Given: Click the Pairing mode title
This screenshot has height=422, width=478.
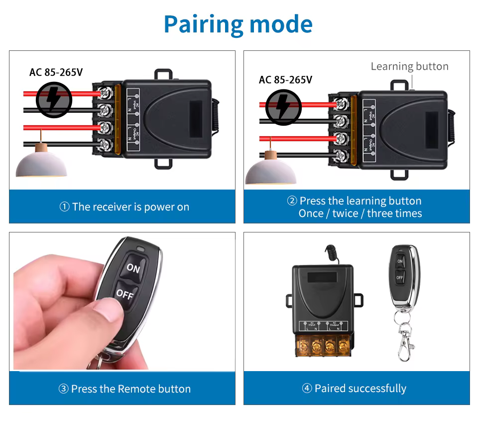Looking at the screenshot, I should [x=238, y=24].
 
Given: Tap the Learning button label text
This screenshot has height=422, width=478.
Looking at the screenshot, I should [x=409, y=66].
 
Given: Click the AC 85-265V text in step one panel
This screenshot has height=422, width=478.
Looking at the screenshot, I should [x=56, y=72].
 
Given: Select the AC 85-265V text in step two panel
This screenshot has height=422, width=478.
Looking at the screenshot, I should [x=285, y=80].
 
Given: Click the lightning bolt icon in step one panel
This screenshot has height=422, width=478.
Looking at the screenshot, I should [x=54, y=100].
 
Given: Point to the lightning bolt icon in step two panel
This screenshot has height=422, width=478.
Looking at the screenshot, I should [x=283, y=107].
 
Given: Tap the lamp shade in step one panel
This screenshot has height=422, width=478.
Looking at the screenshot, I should [x=41, y=165].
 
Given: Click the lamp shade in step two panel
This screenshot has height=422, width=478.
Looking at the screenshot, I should [x=270, y=172].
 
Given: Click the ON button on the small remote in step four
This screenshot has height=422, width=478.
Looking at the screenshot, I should [x=400, y=261].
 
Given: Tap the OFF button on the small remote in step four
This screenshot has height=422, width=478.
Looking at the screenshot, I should [x=400, y=277].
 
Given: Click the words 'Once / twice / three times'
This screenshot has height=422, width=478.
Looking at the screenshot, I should [x=360, y=213].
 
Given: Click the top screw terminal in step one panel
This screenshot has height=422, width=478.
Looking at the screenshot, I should [x=106, y=92].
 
